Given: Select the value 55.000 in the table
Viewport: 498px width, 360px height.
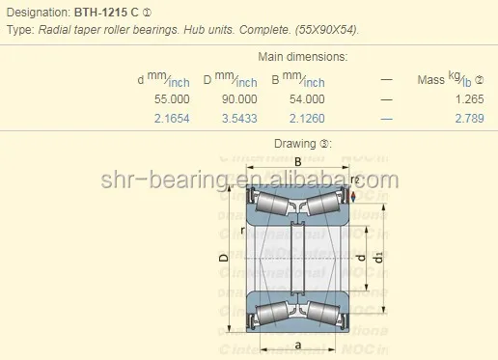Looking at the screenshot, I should pyautogui.click(x=172, y=98).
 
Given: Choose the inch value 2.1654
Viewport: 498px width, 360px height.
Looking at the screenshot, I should pyautogui.click(x=172, y=118).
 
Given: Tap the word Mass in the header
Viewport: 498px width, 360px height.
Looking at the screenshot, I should pyautogui.click(x=430, y=79).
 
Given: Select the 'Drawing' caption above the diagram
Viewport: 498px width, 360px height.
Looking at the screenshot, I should pyautogui.click(x=296, y=144).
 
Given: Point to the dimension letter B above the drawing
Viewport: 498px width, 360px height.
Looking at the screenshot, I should pyautogui.click(x=298, y=162).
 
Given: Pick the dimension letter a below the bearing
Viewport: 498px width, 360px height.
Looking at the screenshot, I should pyautogui.click(x=297, y=344).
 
